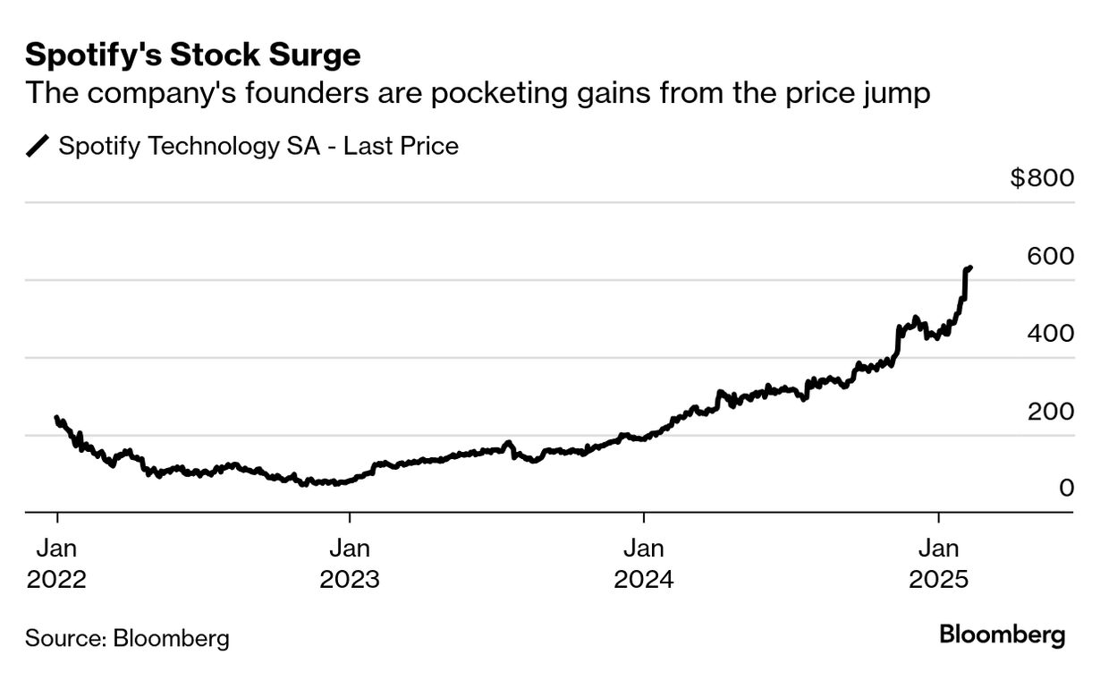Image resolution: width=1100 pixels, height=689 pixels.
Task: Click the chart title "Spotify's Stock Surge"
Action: point(192,55)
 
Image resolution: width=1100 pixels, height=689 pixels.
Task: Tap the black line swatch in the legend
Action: point(38,146)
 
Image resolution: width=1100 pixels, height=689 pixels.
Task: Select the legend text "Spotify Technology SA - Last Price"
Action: point(258,146)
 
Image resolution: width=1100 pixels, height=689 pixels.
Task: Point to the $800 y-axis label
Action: point(1042,178)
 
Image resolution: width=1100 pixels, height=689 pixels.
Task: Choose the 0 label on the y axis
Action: point(1066,489)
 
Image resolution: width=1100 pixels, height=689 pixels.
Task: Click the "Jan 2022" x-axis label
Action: point(56,563)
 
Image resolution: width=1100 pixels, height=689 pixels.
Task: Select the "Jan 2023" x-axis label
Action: point(350,563)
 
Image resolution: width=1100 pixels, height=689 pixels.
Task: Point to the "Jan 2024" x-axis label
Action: point(644,563)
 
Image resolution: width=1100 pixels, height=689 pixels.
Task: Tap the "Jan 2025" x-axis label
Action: point(938,563)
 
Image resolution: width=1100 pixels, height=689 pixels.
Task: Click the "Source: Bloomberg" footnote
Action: point(127,639)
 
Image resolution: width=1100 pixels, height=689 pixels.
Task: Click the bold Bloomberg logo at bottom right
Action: point(1002,635)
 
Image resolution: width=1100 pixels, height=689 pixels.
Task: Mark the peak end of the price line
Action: point(971,267)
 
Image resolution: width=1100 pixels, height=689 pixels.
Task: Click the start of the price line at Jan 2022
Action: point(56,417)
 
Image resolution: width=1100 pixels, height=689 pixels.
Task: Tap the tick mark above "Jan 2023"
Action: point(350,518)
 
